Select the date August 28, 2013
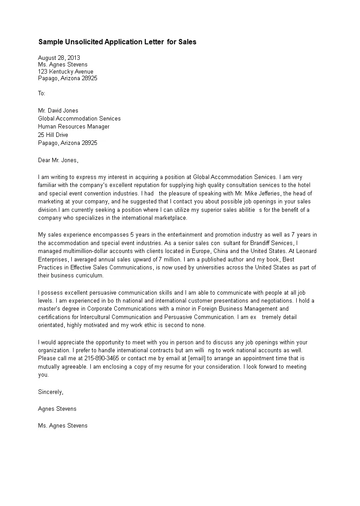(x=59, y=58)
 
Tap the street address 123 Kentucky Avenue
(x=66, y=71)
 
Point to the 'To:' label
(x=42, y=93)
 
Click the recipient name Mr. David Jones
(x=58, y=111)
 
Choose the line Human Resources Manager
(x=74, y=127)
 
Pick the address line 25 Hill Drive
(x=53, y=135)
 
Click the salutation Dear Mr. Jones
(x=58, y=160)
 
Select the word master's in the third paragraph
(x=48, y=308)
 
